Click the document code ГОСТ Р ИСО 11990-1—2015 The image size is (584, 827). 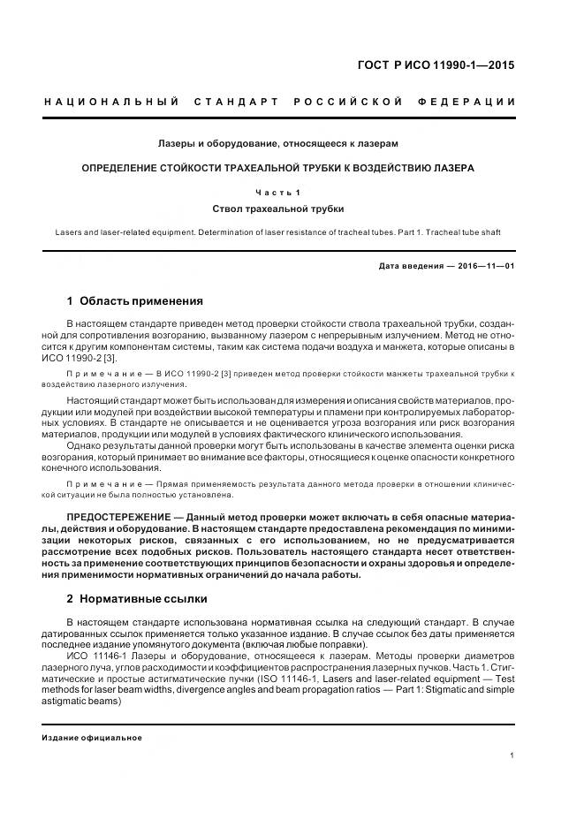(x=441, y=65)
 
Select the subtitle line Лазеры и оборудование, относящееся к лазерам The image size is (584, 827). (x=277, y=142)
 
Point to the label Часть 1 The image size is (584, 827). (x=277, y=192)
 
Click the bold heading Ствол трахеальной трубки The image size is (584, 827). (x=277, y=209)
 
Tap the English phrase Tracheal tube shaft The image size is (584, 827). (x=464, y=232)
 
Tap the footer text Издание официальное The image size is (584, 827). (x=91, y=738)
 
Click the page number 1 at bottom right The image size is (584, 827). (x=512, y=755)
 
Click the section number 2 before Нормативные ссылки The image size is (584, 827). (x=70, y=598)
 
